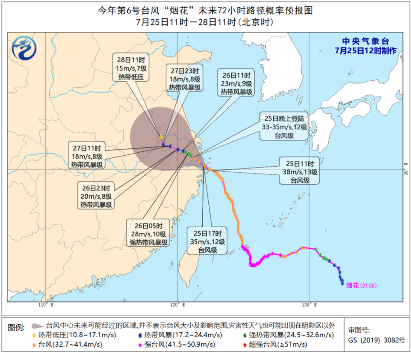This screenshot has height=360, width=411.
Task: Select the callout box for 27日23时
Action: (184, 78)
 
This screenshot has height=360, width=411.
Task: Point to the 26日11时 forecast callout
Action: (237, 83)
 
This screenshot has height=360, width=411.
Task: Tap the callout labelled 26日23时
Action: (96, 196)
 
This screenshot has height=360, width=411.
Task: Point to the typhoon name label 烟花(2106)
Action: (362, 285)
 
